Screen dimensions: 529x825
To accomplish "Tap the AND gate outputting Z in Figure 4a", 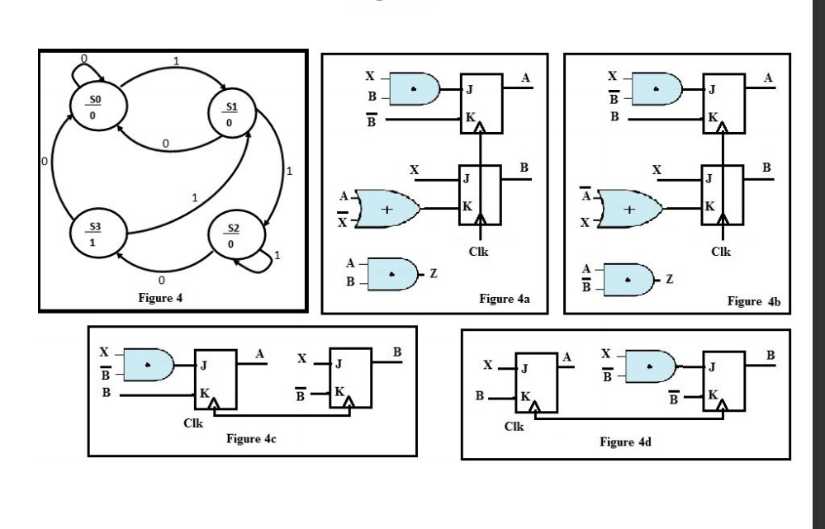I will pos(392,272).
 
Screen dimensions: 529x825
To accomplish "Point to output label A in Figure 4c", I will pos(262,353).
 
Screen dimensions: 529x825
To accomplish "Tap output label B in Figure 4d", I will pos(770,354).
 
